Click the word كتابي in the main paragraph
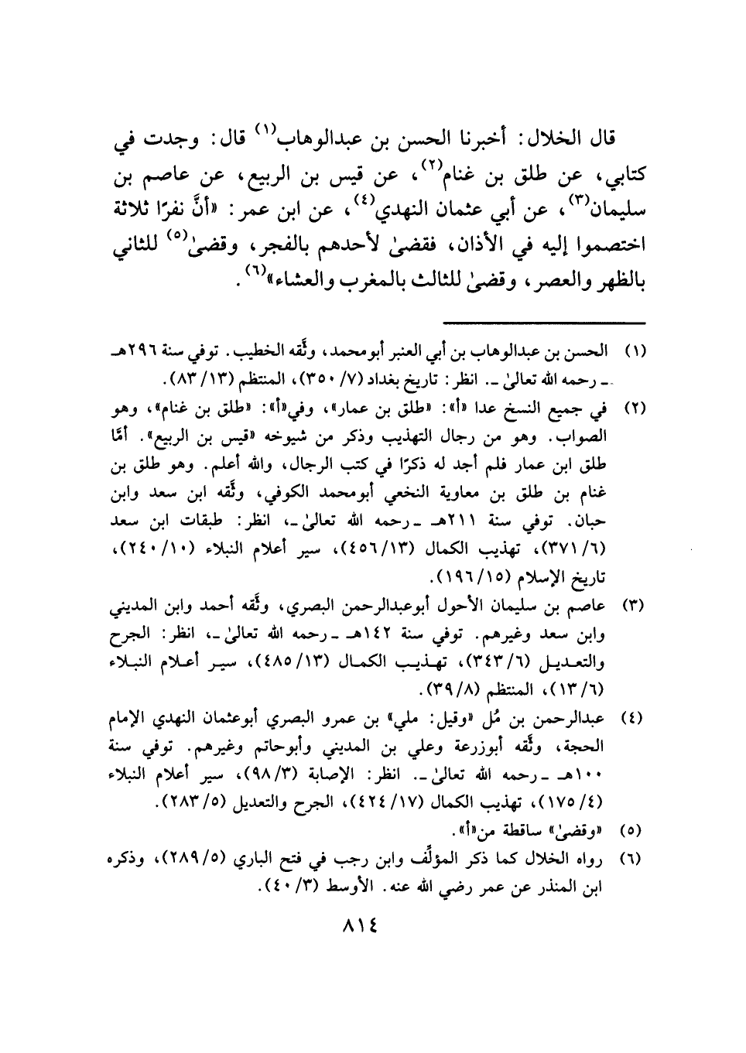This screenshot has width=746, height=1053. point(620,179)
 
